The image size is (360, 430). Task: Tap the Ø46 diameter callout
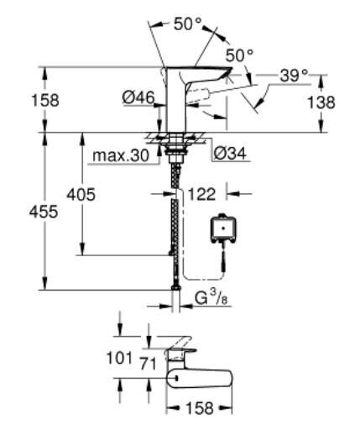tap(138, 98)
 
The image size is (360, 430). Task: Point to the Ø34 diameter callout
tap(229, 154)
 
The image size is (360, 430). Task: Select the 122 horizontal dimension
tap(199, 194)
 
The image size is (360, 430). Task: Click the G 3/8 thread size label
tap(211, 297)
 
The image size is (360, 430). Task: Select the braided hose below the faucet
tap(175, 218)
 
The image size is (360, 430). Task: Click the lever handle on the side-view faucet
tap(210, 75)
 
